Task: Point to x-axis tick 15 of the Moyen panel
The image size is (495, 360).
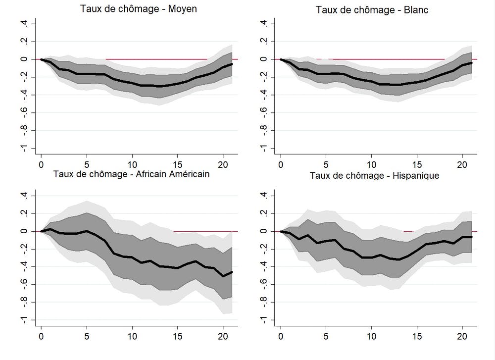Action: (x=178, y=164)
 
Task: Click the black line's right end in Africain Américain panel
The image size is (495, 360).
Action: (x=232, y=272)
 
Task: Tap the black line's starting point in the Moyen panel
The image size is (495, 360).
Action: (x=41, y=59)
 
